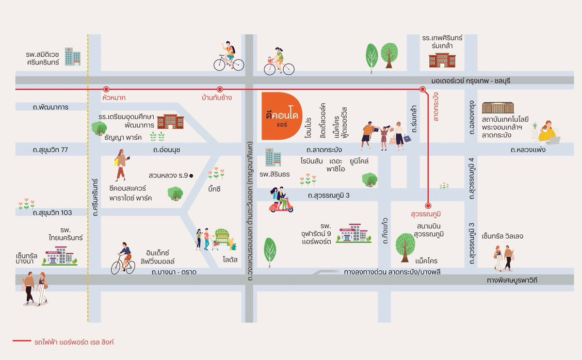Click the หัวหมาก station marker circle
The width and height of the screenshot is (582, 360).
[x=106, y=89]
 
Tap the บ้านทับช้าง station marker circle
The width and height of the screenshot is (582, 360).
[x=220, y=89]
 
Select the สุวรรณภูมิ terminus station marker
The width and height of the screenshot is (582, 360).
[x=428, y=205]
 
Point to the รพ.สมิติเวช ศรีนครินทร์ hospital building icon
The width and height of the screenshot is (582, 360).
[x=73, y=57]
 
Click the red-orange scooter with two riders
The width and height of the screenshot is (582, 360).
[x=281, y=200]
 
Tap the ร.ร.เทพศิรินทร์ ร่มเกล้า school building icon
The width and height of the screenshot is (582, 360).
[x=442, y=60]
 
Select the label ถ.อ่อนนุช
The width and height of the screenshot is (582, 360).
[x=166, y=150]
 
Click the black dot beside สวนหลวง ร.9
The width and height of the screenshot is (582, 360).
[x=191, y=176]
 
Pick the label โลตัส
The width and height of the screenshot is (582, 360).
[x=230, y=260]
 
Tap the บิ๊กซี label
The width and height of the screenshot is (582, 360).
[x=213, y=189]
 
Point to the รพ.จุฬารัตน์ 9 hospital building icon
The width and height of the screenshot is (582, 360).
[x=353, y=233]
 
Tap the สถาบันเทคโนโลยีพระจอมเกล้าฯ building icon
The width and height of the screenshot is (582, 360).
[x=498, y=108]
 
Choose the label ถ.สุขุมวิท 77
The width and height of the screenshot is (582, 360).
[x=50, y=150]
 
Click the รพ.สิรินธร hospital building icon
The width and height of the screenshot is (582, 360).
[x=273, y=158]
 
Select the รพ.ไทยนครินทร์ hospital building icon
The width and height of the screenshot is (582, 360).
[x=60, y=256]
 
